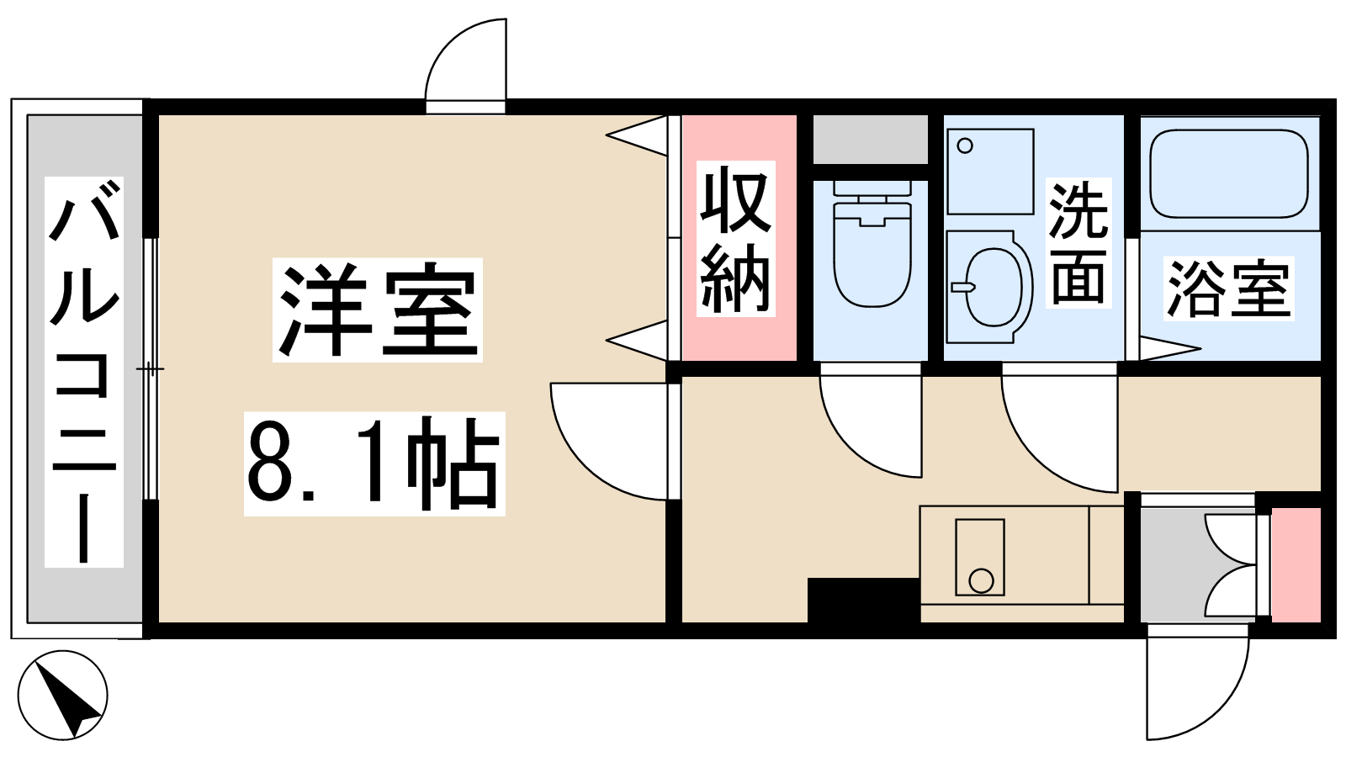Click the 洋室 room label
click(x=378, y=310)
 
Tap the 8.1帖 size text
click(x=374, y=463)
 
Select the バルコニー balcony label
click(x=84, y=372)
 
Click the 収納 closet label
click(x=736, y=239)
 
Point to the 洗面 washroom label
click(x=1078, y=243)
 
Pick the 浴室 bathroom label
click(x=1229, y=289)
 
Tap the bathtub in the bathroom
click(x=1229, y=174)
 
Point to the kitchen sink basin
click(x=980, y=558)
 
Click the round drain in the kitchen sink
click(x=981, y=581)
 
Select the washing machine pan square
click(x=990, y=172)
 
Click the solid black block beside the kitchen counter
click(x=863, y=600)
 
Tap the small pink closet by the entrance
click(x=1296, y=564)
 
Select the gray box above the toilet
click(x=870, y=139)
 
